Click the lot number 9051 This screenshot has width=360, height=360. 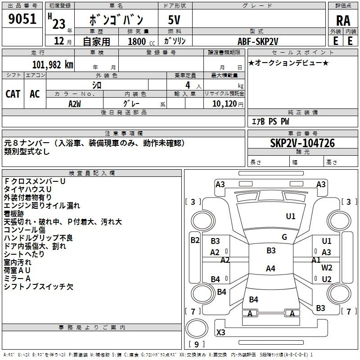click(22, 19)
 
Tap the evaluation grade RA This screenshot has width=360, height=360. click(343, 21)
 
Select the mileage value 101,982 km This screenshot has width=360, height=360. click(53, 65)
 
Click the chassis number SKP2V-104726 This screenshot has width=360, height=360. click(302, 143)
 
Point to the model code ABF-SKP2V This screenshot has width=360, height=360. click(258, 41)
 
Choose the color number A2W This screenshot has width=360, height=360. click(75, 104)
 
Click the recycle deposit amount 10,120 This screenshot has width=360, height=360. click(225, 104)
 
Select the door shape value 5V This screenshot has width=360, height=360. click(174, 20)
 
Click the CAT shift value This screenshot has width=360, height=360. click(13, 94)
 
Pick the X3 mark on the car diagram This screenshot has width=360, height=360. click(220, 332)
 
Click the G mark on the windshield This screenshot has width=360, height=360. click(284, 237)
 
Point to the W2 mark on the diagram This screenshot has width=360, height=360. click(327, 268)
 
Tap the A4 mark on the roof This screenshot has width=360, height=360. click(270, 268)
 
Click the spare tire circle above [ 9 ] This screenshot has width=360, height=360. click(197, 329)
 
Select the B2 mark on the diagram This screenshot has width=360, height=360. click(195, 240)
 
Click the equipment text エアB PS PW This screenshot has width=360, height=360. click(270, 121)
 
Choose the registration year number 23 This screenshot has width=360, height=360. click(59, 24)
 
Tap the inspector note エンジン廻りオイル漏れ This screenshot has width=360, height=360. click(42, 206)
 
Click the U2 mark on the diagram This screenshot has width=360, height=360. click(327, 279)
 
